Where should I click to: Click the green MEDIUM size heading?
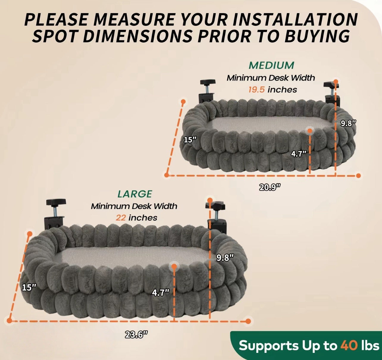point(271,65)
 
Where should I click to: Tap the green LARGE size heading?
point(135,194)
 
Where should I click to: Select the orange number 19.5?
point(256,89)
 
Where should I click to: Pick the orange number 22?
point(121,218)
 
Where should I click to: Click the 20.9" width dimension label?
point(270,187)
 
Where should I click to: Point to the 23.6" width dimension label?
point(137,335)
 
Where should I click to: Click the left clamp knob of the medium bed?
point(207,82)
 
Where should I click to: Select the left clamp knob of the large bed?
point(56,202)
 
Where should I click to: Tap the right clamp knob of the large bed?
point(215,206)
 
